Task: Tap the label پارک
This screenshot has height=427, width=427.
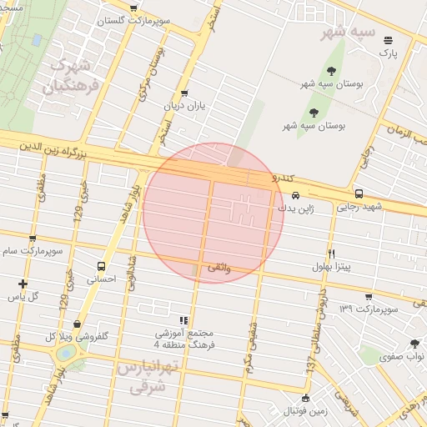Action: (x=388, y=53)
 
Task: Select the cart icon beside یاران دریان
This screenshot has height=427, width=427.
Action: (x=183, y=93)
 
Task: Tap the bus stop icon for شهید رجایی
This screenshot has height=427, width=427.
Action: (x=359, y=193)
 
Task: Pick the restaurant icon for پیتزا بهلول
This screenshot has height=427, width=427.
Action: (x=331, y=254)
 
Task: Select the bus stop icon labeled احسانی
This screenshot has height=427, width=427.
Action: (x=100, y=267)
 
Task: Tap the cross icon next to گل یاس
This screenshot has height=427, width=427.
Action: (x=23, y=284)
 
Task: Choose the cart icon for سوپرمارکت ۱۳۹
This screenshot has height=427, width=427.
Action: (x=369, y=296)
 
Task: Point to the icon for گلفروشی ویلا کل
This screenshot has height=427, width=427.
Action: (x=78, y=324)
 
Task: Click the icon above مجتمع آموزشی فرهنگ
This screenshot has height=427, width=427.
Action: (x=183, y=319)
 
